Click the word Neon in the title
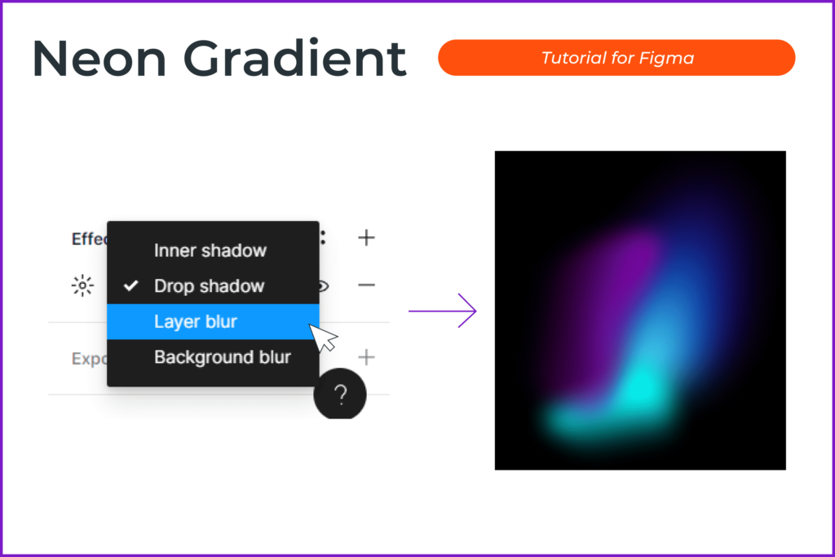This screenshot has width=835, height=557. point(98,59)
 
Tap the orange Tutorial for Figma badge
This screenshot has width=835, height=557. point(616,58)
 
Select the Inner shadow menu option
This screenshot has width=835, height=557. point(210,250)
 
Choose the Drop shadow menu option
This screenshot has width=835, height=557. point(210,286)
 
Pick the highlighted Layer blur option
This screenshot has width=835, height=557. point(196,321)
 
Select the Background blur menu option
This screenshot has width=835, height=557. point(222,357)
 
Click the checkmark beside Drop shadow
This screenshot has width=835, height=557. point(130,286)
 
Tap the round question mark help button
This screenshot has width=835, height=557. point(340,396)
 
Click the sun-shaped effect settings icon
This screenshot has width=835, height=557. point(82,285)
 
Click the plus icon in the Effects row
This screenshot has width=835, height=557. point(366,238)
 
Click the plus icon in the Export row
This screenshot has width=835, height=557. point(366,357)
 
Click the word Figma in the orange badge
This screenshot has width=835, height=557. point(673,58)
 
